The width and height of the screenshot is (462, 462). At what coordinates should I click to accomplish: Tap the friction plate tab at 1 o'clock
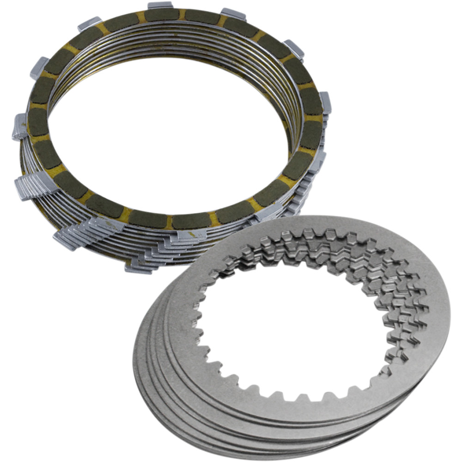pyautogui.click(x=233, y=14)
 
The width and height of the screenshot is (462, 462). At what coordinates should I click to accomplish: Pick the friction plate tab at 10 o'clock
pyautogui.click(x=40, y=67)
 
